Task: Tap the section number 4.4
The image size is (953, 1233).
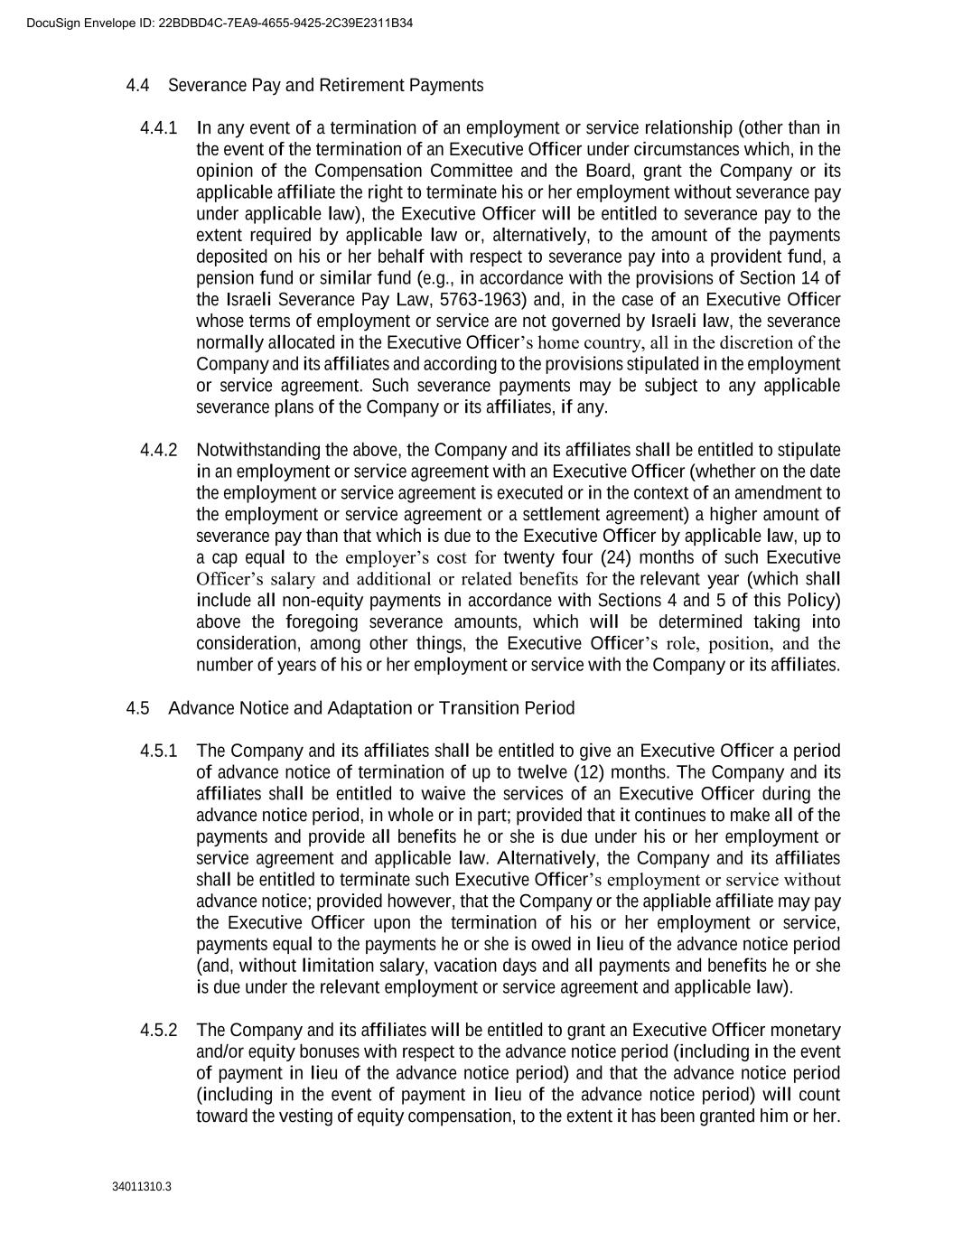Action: (x=137, y=85)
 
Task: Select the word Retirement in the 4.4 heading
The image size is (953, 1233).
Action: (x=361, y=85)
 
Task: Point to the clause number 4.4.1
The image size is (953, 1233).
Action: (x=159, y=127)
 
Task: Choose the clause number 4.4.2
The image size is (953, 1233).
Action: (x=159, y=450)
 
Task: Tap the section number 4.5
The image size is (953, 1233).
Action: (x=137, y=708)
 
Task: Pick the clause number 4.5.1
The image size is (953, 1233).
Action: (x=159, y=752)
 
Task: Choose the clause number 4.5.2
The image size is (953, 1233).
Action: (x=159, y=1031)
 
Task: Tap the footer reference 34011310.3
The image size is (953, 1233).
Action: (x=142, y=1186)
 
